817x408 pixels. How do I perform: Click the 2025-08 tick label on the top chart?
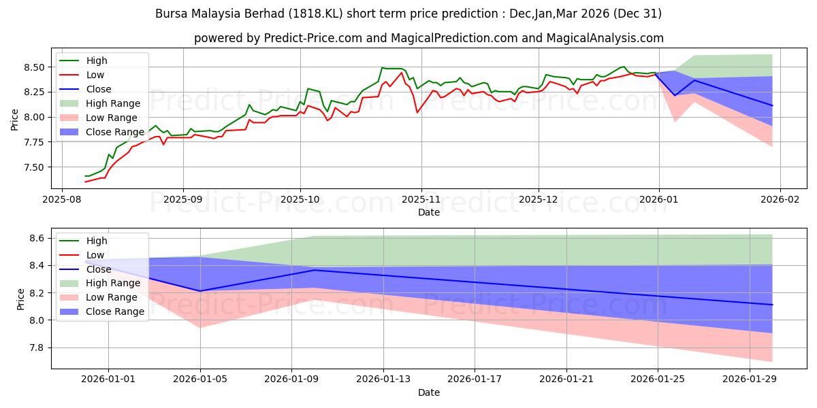coord(62,200)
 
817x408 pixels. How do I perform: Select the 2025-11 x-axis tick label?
coord(421,200)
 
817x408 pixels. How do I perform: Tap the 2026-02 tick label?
coord(780,200)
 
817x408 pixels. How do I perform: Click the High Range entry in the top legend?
coord(113,103)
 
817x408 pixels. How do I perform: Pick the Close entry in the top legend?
coord(99,89)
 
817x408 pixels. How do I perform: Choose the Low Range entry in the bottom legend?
coord(112,297)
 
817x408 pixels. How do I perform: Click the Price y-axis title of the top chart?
coord(15,120)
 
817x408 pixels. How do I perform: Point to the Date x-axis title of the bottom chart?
coord(429,392)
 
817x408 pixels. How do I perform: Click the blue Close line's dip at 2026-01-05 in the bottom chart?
coord(200,291)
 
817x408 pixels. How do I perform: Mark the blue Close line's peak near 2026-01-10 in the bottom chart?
coord(314,270)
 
